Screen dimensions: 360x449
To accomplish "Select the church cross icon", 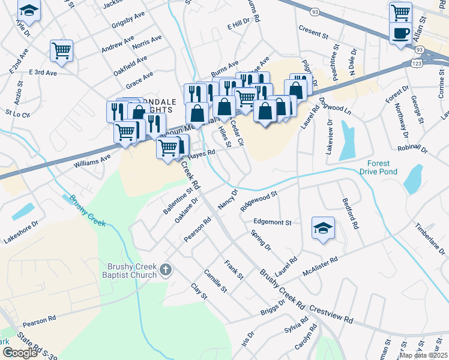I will (166, 271).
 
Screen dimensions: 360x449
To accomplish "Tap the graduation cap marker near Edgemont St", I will (323, 228).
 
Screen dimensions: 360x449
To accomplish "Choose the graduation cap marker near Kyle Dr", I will (28, 10).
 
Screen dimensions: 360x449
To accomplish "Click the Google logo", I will (20, 352).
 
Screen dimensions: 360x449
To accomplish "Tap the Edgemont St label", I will (272, 222).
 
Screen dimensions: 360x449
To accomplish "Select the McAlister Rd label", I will (321, 265).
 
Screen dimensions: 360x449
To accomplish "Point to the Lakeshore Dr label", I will (21, 232).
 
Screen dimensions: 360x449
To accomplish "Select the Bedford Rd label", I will (350, 214).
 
